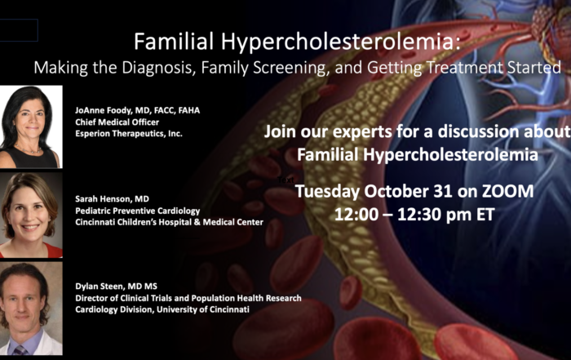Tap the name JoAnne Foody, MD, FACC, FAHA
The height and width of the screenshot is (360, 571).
138,110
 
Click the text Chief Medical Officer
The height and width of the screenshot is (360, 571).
117,122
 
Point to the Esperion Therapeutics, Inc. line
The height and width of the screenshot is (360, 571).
129,134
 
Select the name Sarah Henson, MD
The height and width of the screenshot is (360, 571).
113,199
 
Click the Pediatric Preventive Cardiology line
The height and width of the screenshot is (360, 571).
138,211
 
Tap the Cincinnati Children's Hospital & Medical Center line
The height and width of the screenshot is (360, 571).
170,222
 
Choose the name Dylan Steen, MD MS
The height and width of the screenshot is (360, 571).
116,287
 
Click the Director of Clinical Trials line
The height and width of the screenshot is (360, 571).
188,298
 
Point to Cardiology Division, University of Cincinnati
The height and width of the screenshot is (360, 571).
162,309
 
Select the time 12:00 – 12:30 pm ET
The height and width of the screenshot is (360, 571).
414,214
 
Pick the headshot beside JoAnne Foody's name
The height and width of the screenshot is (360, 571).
31,127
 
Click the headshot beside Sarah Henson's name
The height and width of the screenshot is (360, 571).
31,216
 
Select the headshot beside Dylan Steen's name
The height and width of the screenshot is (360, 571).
31,309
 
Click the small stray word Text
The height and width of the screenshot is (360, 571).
285,180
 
